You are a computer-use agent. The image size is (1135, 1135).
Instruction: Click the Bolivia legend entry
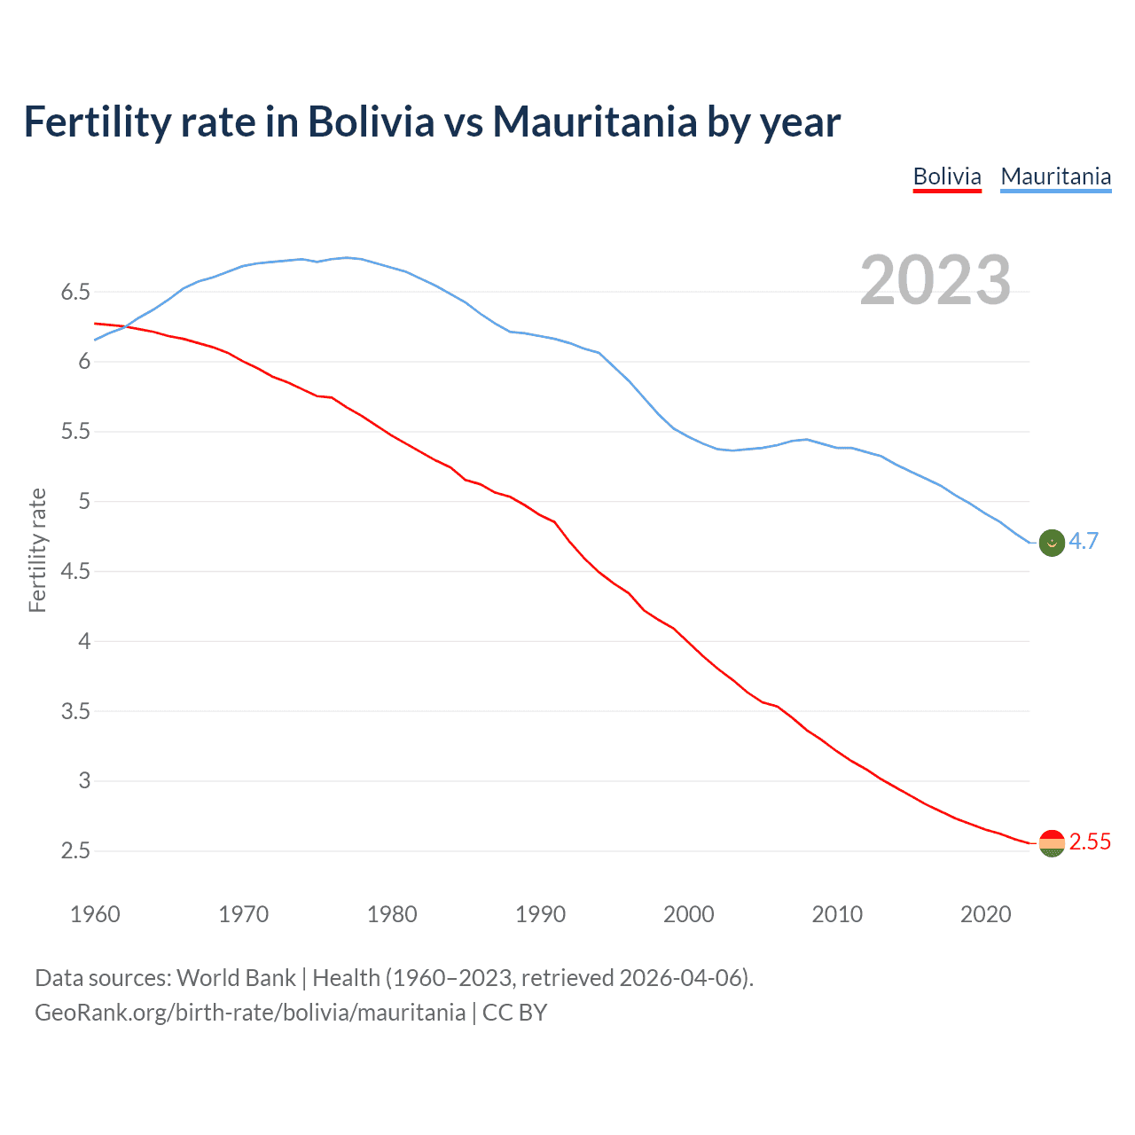(x=947, y=176)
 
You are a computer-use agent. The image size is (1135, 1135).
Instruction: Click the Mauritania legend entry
(x=1055, y=176)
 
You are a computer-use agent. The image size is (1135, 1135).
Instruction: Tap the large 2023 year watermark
(x=935, y=280)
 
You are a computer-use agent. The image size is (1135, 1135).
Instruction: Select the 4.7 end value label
(x=1084, y=541)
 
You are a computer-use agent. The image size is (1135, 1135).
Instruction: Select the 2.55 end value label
(x=1090, y=841)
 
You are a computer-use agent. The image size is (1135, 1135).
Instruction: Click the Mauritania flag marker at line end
(x=1052, y=543)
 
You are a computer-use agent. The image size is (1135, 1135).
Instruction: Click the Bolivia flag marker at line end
(x=1052, y=843)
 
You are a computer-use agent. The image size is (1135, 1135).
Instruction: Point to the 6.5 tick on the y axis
(x=75, y=292)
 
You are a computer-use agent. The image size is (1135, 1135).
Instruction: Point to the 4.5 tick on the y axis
(x=75, y=571)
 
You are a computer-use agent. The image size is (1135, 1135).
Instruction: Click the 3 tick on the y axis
(x=85, y=781)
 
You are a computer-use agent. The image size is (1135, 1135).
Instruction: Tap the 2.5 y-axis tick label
(x=75, y=851)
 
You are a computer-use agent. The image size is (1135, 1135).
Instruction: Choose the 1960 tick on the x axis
(x=95, y=914)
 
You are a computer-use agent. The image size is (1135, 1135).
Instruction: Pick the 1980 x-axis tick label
(x=392, y=914)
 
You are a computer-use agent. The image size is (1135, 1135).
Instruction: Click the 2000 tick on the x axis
(x=689, y=914)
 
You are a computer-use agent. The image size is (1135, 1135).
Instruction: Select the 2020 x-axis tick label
(x=985, y=914)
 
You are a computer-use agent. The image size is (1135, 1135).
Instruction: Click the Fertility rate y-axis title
(x=37, y=550)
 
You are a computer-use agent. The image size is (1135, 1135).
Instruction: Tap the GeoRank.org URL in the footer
(x=250, y=1013)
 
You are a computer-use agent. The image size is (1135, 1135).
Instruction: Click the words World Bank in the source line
(x=236, y=978)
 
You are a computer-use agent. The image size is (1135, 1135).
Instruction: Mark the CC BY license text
(x=514, y=1013)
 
